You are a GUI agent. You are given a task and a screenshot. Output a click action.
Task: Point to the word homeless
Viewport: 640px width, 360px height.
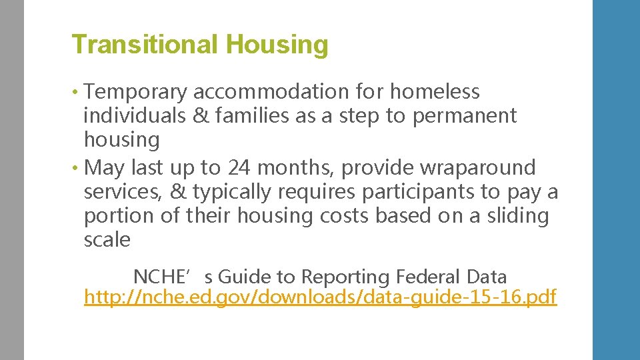435,91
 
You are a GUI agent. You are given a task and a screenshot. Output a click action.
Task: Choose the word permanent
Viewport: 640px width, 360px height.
465,116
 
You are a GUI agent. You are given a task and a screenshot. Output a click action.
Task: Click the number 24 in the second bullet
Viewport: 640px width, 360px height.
239,167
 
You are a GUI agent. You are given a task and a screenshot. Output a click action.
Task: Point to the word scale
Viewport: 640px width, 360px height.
107,240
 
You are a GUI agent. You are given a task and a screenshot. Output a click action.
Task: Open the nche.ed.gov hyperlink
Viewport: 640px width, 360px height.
320,297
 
